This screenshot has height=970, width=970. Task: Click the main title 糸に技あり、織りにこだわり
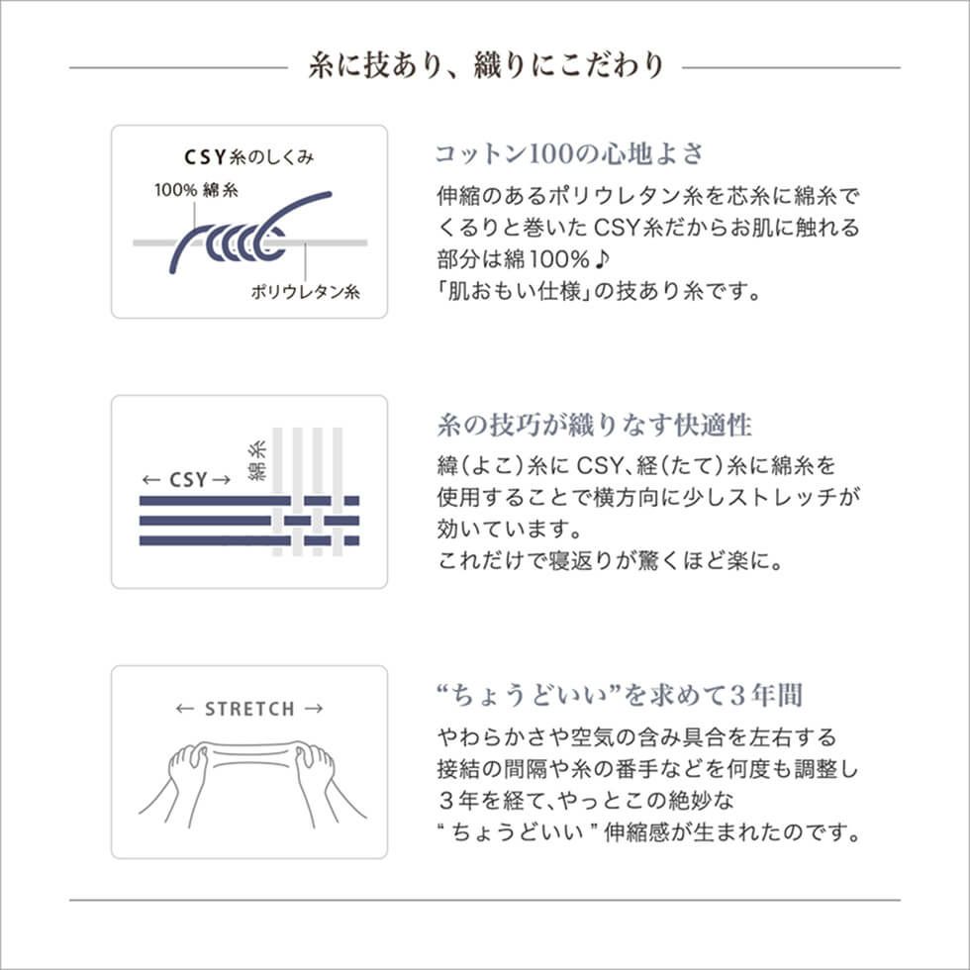point(485,65)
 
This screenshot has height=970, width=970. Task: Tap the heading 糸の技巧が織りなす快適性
point(594,427)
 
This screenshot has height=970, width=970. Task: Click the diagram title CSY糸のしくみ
point(249,156)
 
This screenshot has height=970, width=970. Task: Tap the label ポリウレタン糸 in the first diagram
point(305,292)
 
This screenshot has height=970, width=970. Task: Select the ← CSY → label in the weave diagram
point(186,480)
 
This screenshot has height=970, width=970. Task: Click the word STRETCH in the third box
point(249,709)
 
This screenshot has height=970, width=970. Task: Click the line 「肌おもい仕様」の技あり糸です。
point(598,293)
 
